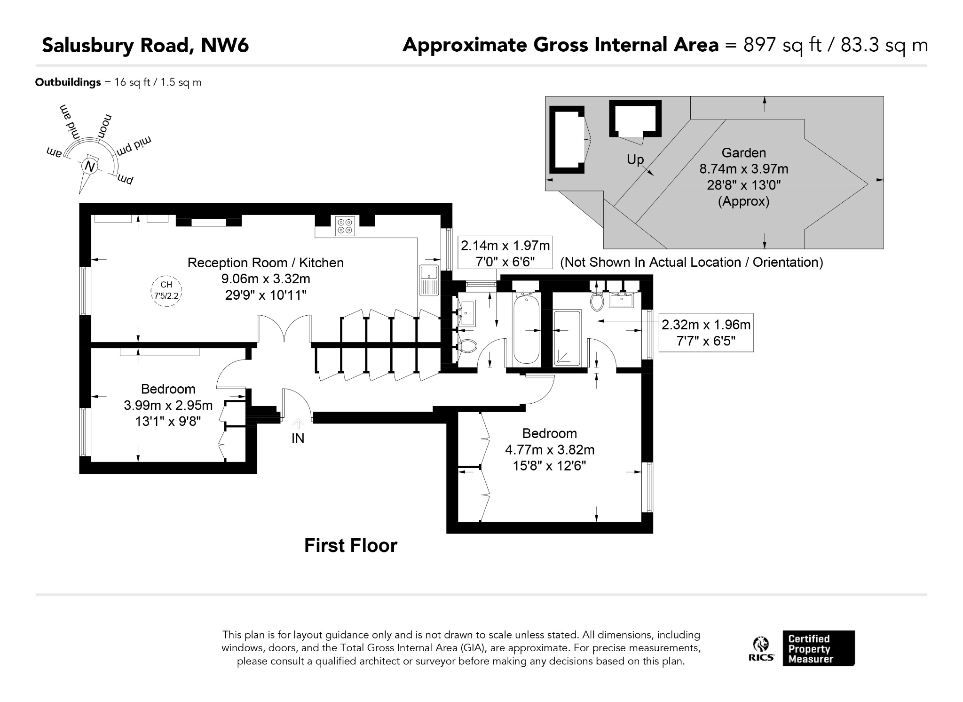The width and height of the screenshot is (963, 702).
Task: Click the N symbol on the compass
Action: click(x=89, y=166)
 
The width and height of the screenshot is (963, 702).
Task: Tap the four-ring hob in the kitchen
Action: click(x=345, y=226)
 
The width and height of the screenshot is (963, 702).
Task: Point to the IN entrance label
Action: click(x=298, y=438)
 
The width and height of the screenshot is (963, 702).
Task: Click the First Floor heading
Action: click(x=351, y=546)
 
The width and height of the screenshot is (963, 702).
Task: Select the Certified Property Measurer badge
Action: click(x=819, y=648)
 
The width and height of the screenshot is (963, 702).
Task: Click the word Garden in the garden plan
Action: click(x=744, y=153)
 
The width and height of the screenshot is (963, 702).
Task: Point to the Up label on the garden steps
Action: click(x=635, y=160)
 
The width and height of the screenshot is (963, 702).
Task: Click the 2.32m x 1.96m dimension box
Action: click(x=706, y=333)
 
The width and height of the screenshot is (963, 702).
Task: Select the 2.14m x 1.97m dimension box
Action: click(x=505, y=253)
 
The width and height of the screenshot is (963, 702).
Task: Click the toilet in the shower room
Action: click(x=597, y=302)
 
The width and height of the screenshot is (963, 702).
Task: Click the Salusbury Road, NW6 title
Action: click(x=145, y=46)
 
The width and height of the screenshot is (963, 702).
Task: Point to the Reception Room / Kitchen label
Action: click(x=266, y=263)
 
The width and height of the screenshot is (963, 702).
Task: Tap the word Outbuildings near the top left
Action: click(x=68, y=82)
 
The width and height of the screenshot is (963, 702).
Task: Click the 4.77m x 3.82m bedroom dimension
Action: click(x=550, y=450)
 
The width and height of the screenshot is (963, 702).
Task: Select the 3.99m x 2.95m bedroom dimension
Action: click(x=168, y=405)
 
